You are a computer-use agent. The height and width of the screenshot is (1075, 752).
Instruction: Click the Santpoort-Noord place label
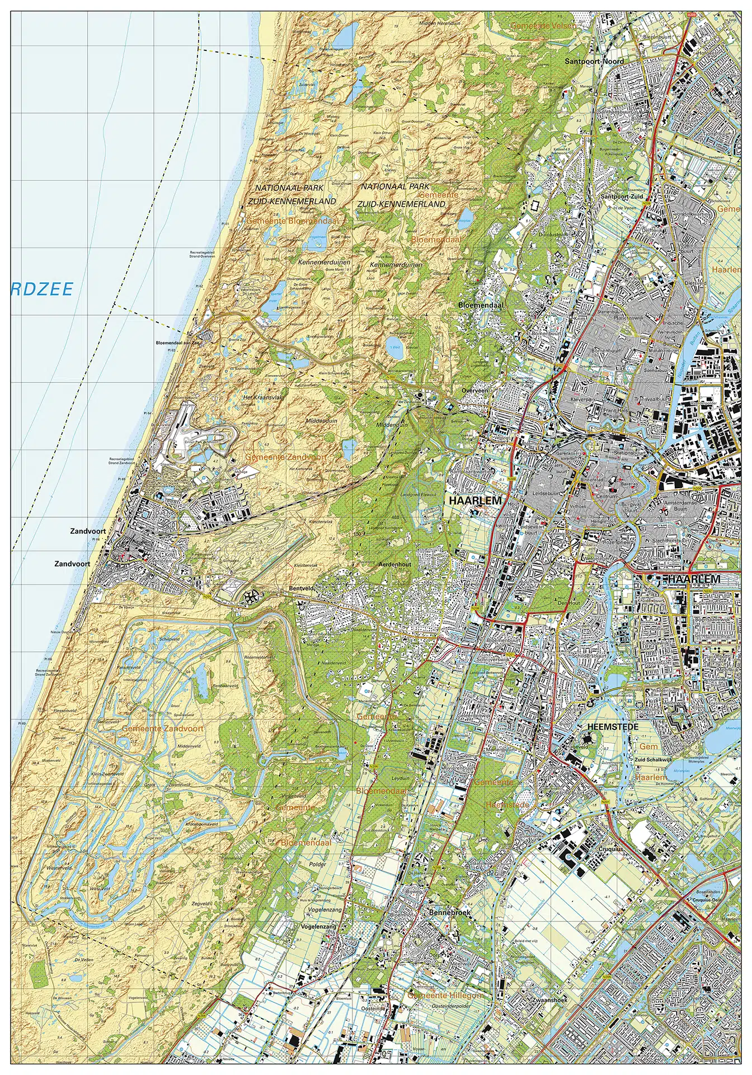pyautogui.click(x=594, y=61)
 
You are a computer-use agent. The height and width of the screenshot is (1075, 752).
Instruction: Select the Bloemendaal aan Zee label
pyautogui.click(x=177, y=343)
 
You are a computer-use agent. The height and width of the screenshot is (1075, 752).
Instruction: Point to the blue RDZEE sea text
pyautogui.click(x=42, y=289)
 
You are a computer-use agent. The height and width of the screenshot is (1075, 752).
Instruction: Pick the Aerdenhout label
pyautogui.click(x=394, y=564)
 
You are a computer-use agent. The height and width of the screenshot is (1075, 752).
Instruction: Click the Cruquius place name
pyautogui.click(x=610, y=849)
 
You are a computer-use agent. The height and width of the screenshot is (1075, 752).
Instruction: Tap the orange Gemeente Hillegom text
pyautogui.click(x=445, y=995)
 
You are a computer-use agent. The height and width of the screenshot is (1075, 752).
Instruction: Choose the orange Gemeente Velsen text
pyautogui.click(x=543, y=26)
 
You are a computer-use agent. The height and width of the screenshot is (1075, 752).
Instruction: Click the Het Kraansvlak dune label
pyautogui.click(x=263, y=397)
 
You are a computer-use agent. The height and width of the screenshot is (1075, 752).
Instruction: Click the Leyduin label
pyautogui.click(x=401, y=778)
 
